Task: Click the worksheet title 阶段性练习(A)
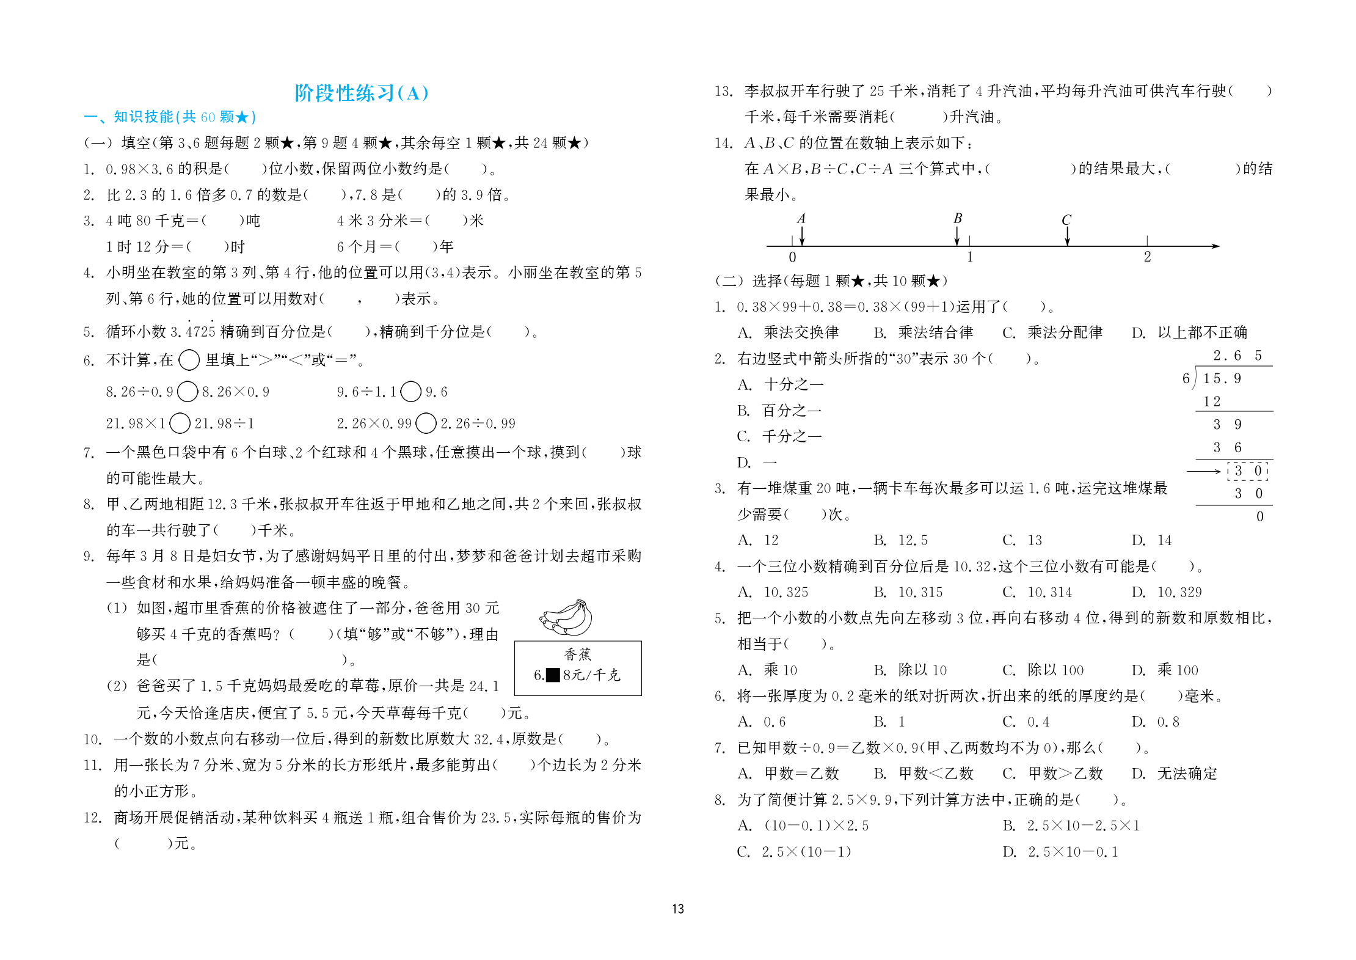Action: point(362,93)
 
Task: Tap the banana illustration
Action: point(566,618)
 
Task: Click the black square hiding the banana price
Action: point(552,675)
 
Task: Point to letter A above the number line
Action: point(801,219)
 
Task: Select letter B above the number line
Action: point(957,219)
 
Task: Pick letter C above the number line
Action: point(1066,220)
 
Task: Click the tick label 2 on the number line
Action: point(1147,257)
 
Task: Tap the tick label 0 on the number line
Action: point(792,257)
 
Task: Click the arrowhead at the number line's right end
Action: point(1215,246)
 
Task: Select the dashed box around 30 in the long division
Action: point(1248,471)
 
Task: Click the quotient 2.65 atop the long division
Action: point(1237,356)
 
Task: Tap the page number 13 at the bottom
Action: point(678,909)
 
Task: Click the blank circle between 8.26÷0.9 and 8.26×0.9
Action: point(188,391)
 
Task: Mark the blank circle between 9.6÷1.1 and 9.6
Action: point(411,391)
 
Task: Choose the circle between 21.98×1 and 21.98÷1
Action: point(180,423)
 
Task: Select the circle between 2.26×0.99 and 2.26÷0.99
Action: point(426,423)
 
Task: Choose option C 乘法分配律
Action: point(1052,332)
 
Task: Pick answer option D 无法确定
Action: point(1174,774)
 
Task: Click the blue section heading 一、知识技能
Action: point(169,117)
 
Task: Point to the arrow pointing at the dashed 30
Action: point(1203,471)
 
